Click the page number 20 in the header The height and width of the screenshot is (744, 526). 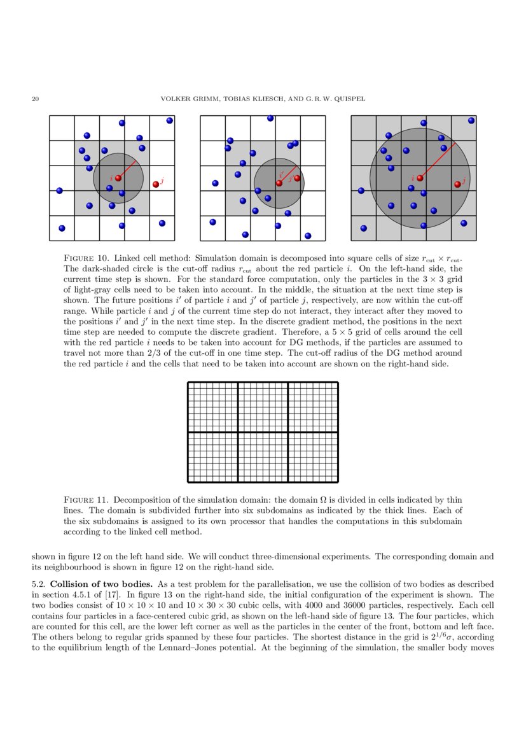coord(36,99)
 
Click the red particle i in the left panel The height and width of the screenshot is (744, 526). coord(118,178)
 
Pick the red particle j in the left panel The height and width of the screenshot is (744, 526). coord(156,185)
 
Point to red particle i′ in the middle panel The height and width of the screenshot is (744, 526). coord(279,183)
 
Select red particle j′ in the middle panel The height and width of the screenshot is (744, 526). coord(297,178)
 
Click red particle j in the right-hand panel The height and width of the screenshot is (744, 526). coord(457,185)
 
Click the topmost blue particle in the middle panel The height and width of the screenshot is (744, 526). coord(270,118)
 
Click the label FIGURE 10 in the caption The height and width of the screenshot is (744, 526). coord(86,259)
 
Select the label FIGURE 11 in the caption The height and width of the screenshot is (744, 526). coord(86,500)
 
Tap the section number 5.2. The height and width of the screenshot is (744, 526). coord(39,584)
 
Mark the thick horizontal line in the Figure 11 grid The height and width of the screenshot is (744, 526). coord(263,432)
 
